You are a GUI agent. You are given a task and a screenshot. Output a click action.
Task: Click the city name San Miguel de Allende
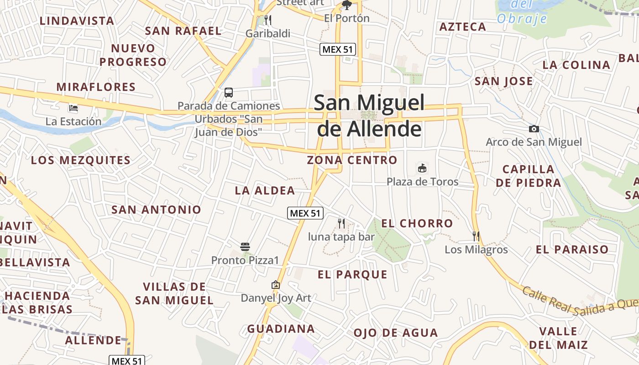click(369, 116)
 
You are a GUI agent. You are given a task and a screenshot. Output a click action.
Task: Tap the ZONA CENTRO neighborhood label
click(352, 160)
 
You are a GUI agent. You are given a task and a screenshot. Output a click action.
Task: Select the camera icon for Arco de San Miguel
click(534, 129)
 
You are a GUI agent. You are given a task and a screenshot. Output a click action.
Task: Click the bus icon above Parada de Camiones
click(229, 93)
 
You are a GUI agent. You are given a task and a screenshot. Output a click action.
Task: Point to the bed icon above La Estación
click(73, 109)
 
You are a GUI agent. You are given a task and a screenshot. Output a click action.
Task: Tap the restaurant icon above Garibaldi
click(268, 20)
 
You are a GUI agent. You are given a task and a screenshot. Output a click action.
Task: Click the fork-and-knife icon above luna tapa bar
click(341, 223)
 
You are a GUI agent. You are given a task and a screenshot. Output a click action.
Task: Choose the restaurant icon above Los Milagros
click(476, 236)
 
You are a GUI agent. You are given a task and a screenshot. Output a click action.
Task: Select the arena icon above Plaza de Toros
click(422, 168)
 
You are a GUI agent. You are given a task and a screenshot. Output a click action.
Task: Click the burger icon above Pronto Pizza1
click(245, 247)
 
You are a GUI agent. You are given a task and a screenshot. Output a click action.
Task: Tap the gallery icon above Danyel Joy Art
click(276, 285)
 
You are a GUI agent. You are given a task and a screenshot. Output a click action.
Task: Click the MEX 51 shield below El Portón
click(338, 49)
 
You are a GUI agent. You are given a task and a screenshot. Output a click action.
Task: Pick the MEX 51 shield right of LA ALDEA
click(305, 213)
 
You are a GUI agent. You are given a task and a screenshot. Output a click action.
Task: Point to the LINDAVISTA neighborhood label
click(77, 21)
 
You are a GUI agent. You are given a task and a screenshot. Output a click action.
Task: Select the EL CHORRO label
click(417, 224)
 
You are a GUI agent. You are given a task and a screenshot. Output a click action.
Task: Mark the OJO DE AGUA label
click(396, 333)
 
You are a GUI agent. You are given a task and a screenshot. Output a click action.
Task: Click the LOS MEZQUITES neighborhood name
click(81, 161)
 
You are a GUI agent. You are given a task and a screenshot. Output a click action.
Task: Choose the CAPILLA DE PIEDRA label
click(529, 176)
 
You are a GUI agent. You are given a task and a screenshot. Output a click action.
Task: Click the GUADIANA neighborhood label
click(281, 329)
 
